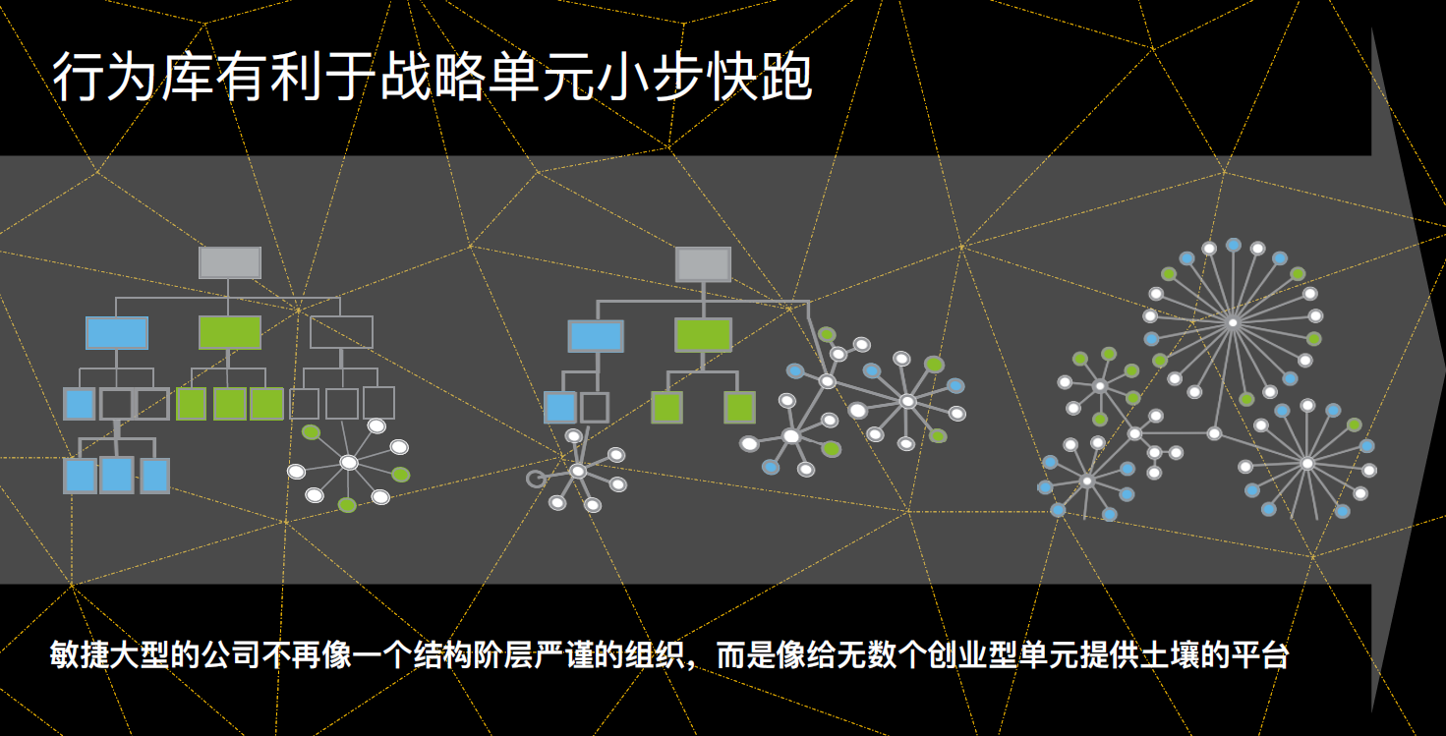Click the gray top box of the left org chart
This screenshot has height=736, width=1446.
click(x=230, y=262)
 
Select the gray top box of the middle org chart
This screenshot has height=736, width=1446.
click(x=703, y=264)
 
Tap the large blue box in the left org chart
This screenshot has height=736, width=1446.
click(x=117, y=333)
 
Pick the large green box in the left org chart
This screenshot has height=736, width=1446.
click(x=230, y=332)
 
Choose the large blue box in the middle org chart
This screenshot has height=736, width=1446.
click(x=596, y=336)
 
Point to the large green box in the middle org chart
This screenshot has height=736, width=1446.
click(x=703, y=335)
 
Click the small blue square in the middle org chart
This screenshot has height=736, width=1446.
click(x=559, y=408)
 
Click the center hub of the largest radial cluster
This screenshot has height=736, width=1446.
click(x=1233, y=322)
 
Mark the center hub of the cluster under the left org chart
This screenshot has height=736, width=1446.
click(x=349, y=463)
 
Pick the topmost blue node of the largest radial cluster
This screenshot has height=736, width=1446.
click(x=1234, y=245)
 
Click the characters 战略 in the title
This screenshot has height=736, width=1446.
click(x=432, y=78)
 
